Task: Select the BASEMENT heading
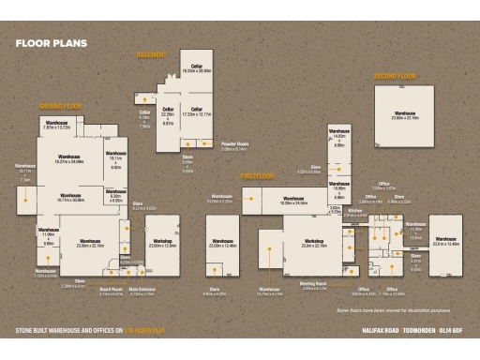152,55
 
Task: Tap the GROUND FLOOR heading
61,106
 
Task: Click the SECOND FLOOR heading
394,75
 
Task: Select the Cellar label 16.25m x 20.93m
197,68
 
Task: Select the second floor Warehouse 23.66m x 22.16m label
405,116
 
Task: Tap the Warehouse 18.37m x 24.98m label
71,158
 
